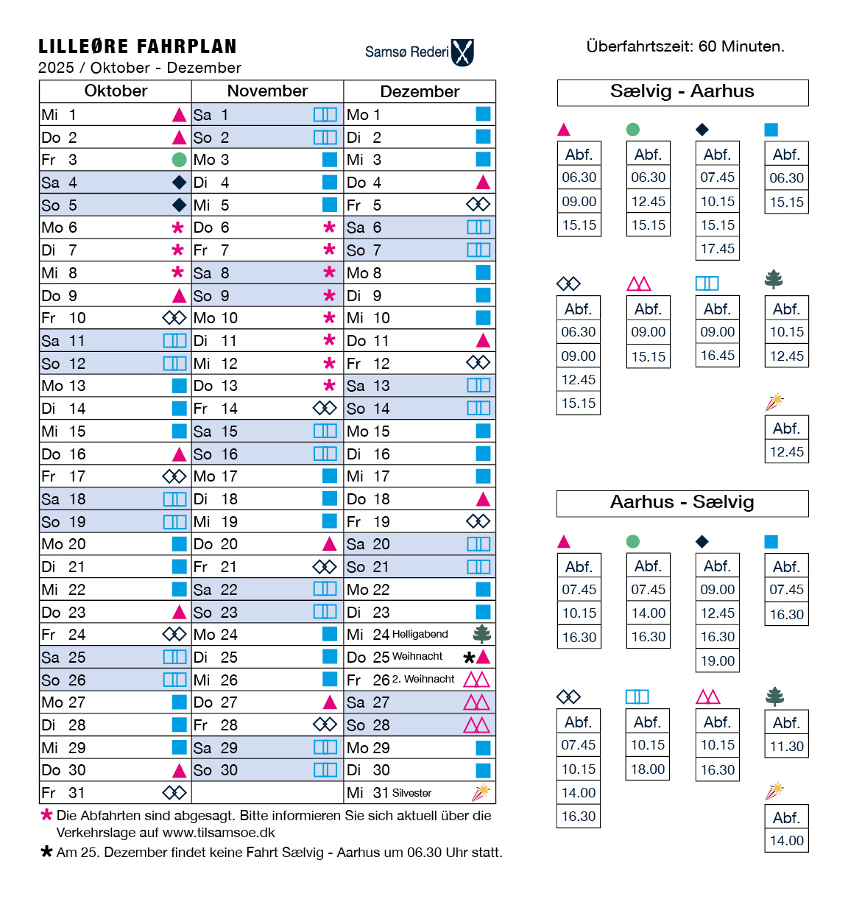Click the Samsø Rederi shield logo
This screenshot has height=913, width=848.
462,52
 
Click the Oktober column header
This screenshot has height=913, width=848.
116,91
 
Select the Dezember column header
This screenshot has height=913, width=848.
420,91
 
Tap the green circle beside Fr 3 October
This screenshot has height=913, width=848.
179,160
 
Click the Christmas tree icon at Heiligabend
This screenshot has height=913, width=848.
482,634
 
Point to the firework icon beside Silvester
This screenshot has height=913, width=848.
481,792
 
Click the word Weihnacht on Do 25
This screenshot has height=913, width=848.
417,656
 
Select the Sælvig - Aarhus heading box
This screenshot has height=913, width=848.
682,92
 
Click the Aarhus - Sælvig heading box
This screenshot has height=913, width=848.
682,503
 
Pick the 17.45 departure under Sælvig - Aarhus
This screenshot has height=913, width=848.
718,249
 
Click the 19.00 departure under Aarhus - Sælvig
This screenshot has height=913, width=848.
718,660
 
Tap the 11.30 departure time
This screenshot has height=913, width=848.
787,746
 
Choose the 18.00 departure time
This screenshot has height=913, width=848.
648,769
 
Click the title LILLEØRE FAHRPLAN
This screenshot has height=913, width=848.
138,46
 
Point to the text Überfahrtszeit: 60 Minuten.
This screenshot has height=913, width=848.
685,46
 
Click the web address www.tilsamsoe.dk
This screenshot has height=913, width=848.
219,833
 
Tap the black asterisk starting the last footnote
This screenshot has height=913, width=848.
46,852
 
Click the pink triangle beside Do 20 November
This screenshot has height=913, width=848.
330,544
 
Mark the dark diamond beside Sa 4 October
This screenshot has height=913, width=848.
179,182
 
